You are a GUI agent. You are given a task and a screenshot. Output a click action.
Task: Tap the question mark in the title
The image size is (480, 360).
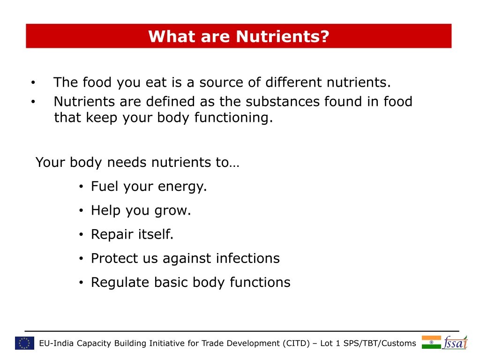click(x=325, y=37)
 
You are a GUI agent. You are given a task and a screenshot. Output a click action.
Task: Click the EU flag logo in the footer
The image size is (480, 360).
click(x=24, y=343)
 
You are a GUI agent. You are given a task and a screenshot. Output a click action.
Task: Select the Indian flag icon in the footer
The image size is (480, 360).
click(x=431, y=342)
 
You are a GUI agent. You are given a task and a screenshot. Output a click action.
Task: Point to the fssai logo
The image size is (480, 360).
click(x=455, y=342)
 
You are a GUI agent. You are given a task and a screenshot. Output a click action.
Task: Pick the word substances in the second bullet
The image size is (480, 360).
click(x=283, y=102)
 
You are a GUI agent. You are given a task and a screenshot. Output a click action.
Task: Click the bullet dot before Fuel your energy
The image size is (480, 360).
click(x=81, y=186)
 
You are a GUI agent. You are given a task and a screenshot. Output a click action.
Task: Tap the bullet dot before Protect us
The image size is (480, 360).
click(x=81, y=258)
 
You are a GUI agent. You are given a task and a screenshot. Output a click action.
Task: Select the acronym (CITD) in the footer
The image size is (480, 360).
click(x=296, y=344)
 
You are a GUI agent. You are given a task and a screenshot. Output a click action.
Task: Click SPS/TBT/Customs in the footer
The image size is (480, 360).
click(x=380, y=343)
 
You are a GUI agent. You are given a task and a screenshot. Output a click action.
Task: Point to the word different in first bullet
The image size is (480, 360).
click(x=293, y=82)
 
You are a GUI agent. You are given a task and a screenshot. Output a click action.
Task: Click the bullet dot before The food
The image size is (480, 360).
click(x=33, y=82)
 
